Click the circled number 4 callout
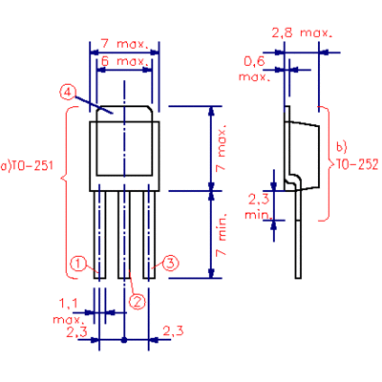pos(67,93)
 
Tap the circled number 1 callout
pos(78,264)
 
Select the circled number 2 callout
pos(138,301)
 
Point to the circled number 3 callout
pos(171,264)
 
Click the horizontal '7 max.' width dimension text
pos(125,44)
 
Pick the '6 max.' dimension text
pos(124,60)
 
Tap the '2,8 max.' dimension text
pos(302,32)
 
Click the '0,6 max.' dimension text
pos(255,69)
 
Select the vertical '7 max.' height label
pos(221,148)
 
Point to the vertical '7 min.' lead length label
pos(221,234)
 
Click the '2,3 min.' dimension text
pos(258,207)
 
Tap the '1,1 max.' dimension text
pos(69,311)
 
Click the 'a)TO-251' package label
pos(27,166)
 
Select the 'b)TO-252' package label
pos(357,159)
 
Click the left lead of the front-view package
pos(99,235)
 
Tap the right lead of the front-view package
pos(149,235)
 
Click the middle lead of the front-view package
pos(124,235)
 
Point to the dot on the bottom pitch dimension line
pos(124,340)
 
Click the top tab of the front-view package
pos(124,114)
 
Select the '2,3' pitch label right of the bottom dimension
pos(173,330)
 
